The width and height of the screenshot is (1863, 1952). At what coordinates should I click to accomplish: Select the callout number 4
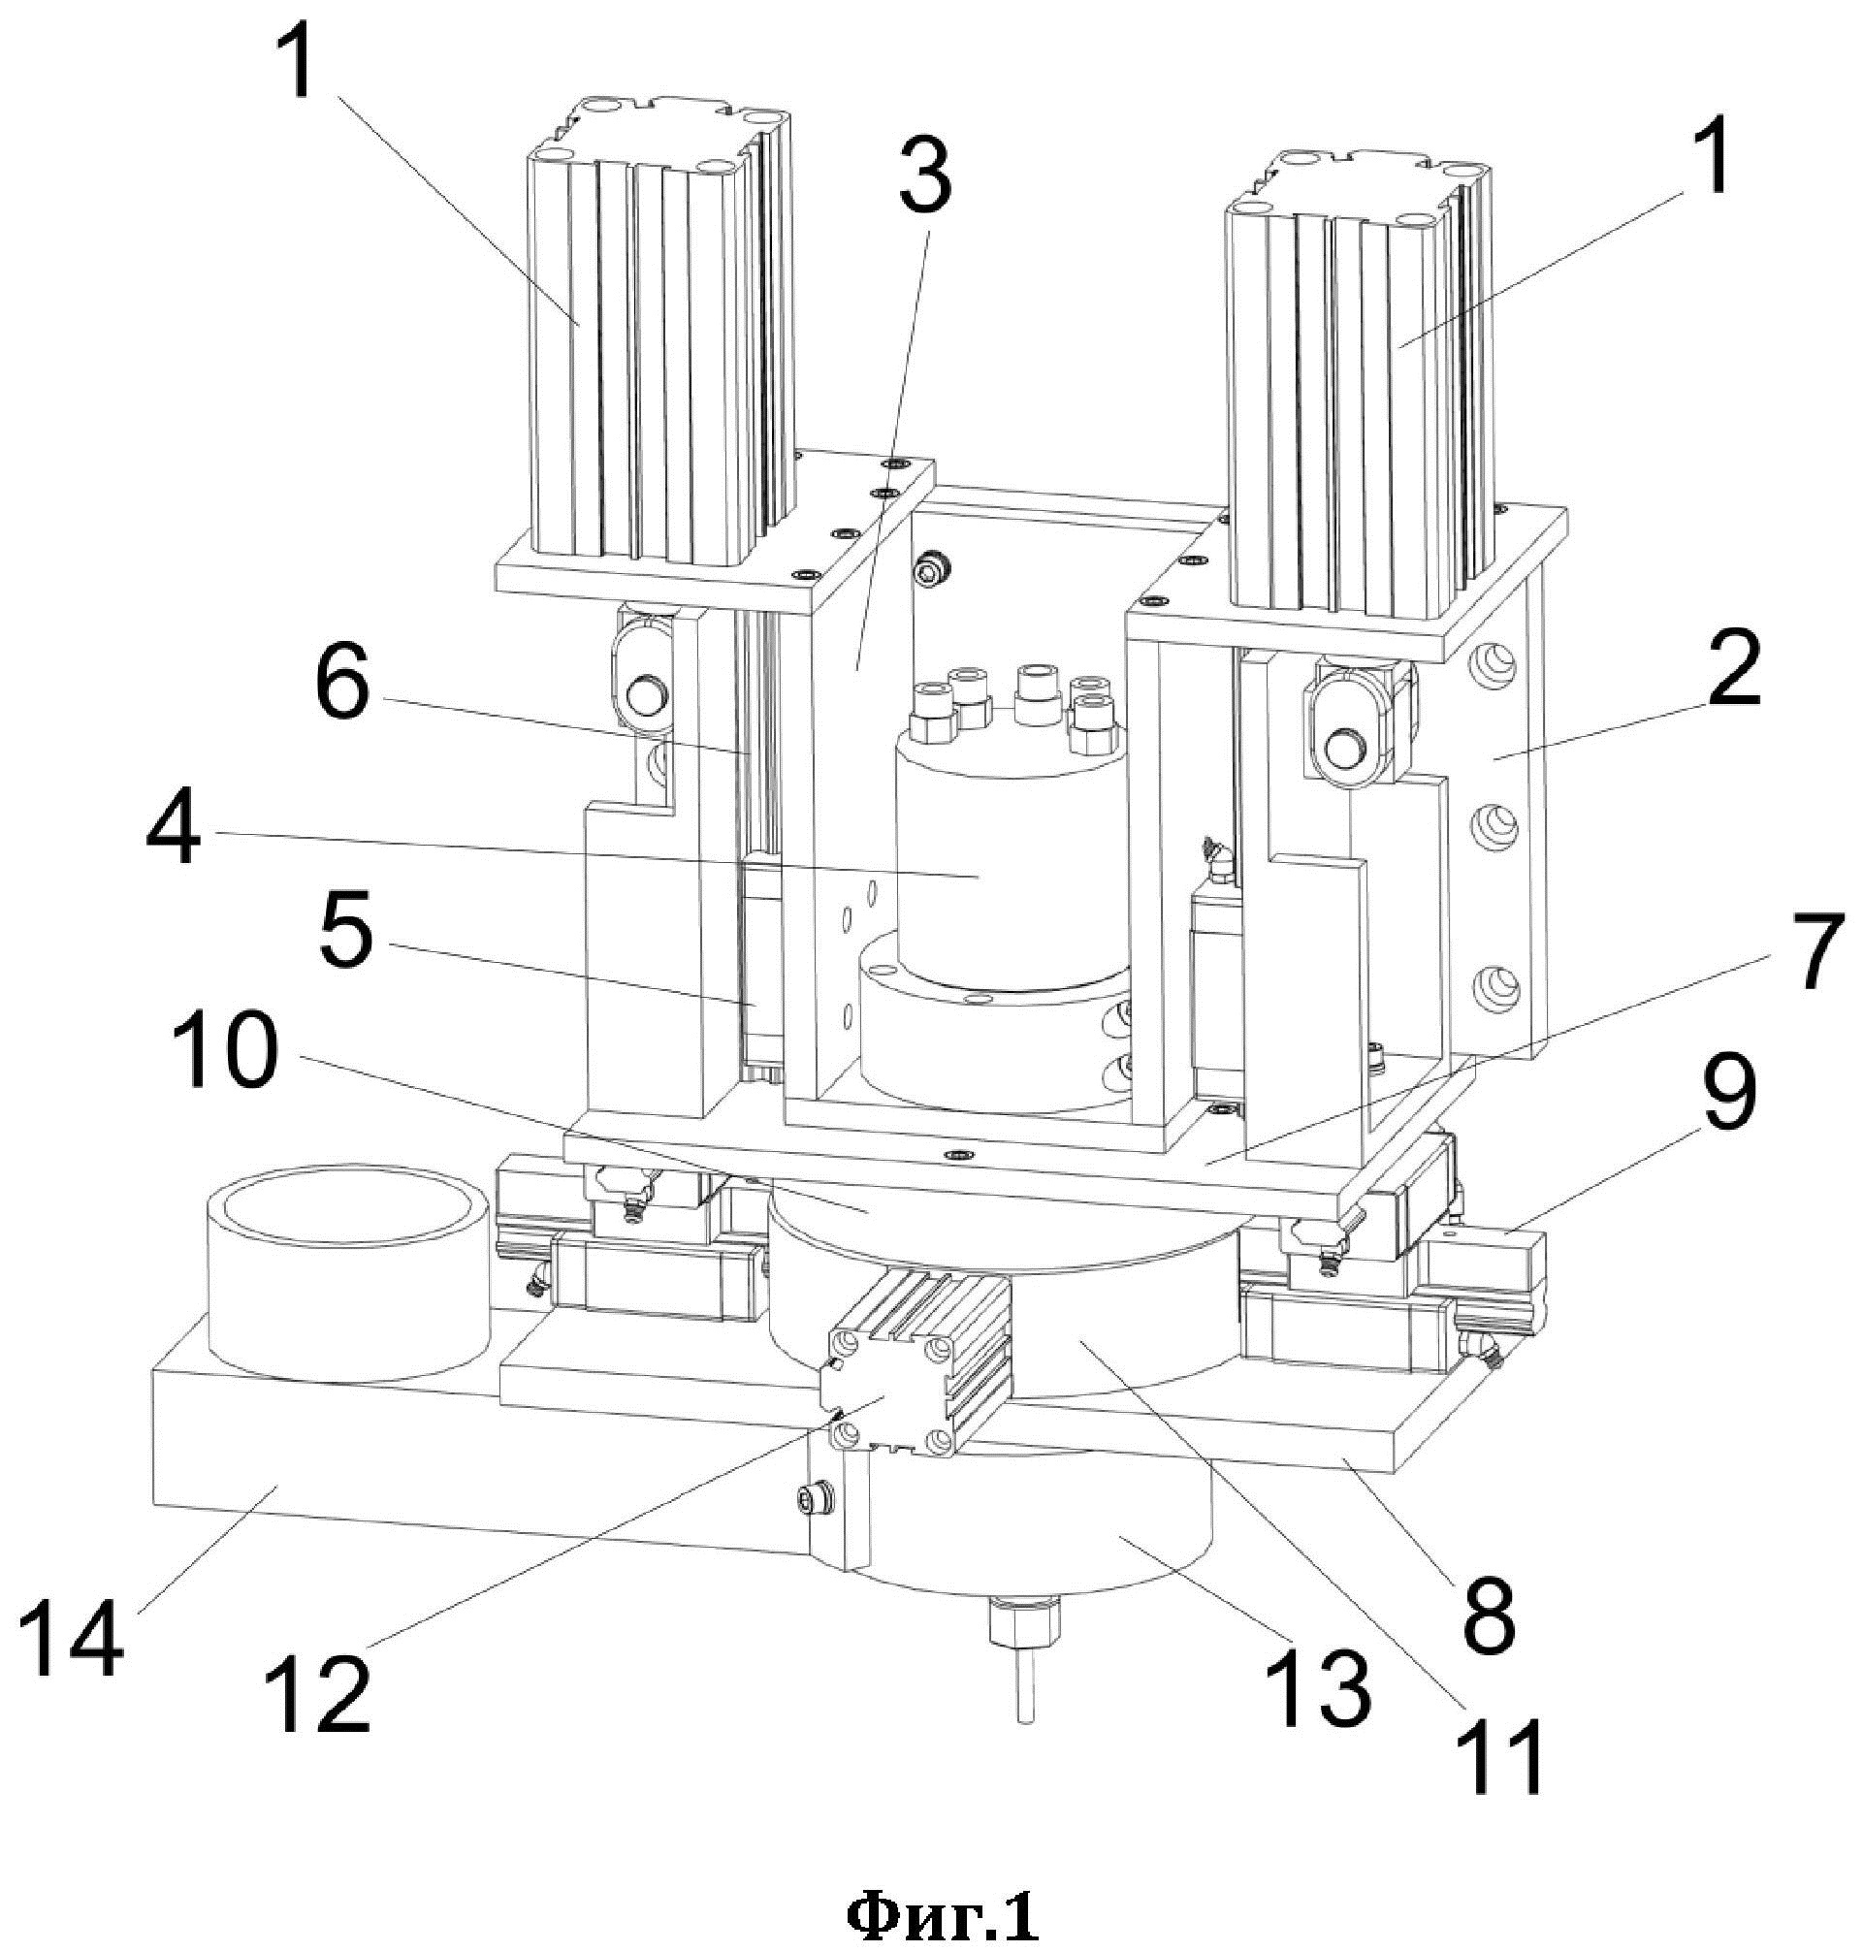[x=175, y=826]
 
